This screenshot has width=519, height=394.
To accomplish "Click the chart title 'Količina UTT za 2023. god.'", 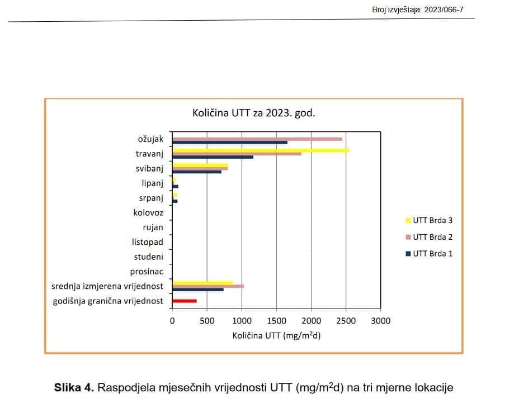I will coord(253,113).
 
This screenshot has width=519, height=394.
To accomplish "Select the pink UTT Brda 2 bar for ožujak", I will coord(257,139).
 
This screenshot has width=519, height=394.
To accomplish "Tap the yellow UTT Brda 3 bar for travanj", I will coord(261,150).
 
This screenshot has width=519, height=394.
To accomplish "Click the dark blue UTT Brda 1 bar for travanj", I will coord(213,157).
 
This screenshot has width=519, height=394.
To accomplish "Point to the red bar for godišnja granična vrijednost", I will coord(185,301).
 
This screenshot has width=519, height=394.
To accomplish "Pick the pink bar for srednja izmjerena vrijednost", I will coord(207,286).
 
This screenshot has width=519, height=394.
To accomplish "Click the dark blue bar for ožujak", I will coord(229,142).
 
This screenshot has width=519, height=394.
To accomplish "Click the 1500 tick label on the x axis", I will coord(276,321).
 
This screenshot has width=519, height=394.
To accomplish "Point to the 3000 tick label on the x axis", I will coord(381,321).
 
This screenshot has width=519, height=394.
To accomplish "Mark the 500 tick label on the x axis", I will coord(207,321).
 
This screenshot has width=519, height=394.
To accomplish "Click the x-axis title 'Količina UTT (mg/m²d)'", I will coord(276,336).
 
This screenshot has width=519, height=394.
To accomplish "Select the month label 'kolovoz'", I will coord(148,212).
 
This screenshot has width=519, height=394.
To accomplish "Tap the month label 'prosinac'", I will coord(147,272).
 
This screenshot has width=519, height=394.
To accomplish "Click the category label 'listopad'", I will coord(148,242).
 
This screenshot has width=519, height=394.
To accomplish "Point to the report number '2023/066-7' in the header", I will coord(444,10).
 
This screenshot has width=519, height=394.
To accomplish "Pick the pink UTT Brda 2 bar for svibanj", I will coord(200,168).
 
